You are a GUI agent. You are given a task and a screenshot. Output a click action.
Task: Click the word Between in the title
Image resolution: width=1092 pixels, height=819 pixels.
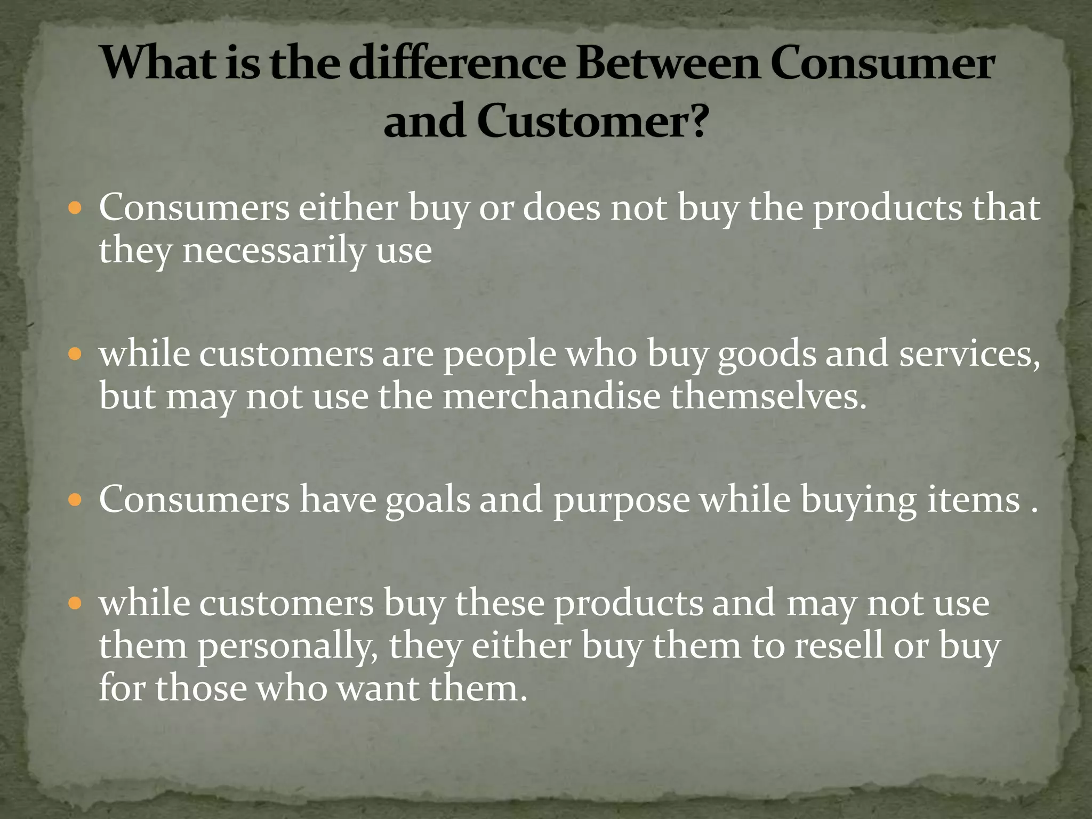coord(668,64)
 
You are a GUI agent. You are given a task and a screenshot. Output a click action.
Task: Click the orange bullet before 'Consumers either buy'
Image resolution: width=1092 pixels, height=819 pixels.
coord(75,207)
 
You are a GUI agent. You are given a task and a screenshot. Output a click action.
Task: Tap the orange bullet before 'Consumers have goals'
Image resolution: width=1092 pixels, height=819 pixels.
coord(75,500)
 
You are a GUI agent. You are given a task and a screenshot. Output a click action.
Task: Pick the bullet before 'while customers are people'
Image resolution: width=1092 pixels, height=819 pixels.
coord(75,354)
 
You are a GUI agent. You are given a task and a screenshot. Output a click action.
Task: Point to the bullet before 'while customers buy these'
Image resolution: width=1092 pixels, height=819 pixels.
coord(75,603)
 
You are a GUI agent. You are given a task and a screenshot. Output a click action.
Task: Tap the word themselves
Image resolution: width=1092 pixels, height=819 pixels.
coord(768,397)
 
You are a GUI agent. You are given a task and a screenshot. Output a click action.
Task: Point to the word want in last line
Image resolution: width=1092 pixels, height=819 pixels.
coord(379,688)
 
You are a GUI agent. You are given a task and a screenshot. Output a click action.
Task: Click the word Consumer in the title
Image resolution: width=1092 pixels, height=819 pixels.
coord(882,64)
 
